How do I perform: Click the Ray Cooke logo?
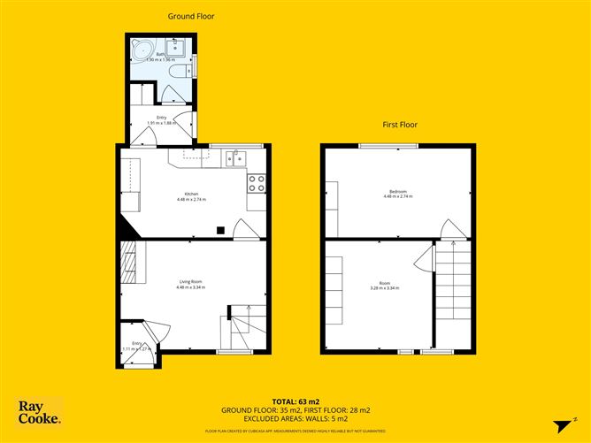pyautogui.click(x=41, y=411)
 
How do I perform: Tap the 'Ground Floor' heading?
pyautogui.click(x=191, y=16)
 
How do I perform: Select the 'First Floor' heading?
pyautogui.click(x=399, y=126)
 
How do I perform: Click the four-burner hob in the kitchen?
pyautogui.click(x=257, y=183)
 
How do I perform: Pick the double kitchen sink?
pyautogui.click(x=234, y=158)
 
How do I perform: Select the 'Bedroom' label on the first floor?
pyautogui.click(x=396, y=193)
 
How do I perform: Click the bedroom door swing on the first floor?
pyautogui.click(x=451, y=228)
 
